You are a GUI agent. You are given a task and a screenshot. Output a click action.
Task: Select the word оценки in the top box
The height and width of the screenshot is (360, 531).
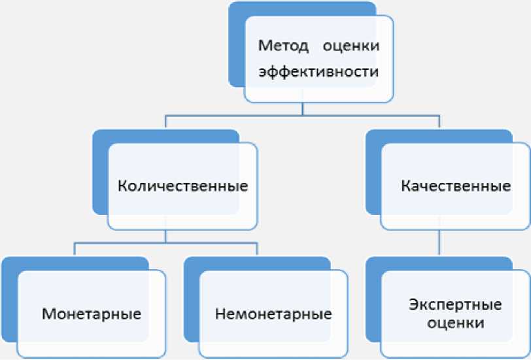pos(352,47)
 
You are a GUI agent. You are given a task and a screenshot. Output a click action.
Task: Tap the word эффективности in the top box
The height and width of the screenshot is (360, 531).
pos(318,72)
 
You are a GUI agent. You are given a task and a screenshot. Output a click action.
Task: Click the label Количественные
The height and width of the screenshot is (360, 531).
pos(182,186)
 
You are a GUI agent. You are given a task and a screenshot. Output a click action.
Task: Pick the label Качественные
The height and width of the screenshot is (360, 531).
pos(455,186)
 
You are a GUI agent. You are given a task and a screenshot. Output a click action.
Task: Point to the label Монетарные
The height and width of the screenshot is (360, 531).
pos(92,313)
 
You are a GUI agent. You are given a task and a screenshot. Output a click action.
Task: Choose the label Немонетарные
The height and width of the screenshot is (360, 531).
pos(273,313)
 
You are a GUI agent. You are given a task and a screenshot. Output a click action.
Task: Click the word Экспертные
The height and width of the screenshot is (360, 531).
pos(455,304)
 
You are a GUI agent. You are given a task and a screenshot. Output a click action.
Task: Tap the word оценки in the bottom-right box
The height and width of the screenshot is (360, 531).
pos(455,322)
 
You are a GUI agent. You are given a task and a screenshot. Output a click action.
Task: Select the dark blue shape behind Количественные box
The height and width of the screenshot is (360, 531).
pos(100,176)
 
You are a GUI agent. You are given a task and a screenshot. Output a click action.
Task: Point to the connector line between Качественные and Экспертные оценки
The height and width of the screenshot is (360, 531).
pos(437,243)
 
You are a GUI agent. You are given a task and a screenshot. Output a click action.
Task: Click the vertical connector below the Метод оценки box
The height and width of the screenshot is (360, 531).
pos(301,108)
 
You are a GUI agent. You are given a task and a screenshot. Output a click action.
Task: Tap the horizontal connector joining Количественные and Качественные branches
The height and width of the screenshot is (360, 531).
pos(301,116)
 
